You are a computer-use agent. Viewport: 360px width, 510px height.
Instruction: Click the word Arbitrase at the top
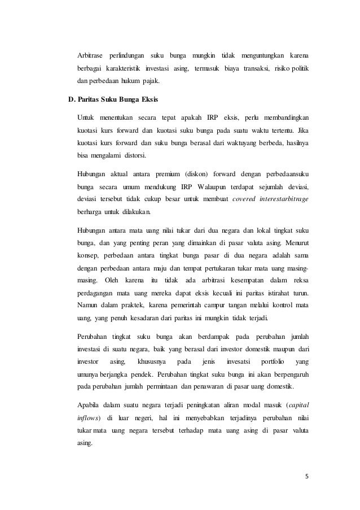tap(90, 55)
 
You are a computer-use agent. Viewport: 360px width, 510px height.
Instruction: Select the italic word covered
tap(244, 199)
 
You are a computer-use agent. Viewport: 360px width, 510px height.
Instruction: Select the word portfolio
tap(266, 361)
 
